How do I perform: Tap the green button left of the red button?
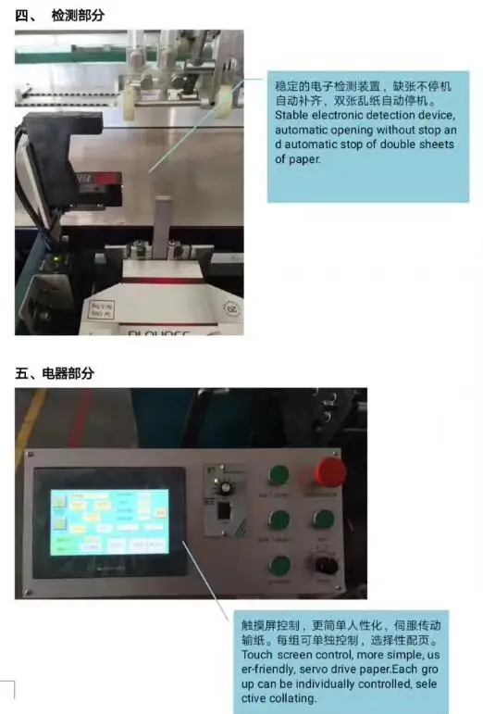(279, 476)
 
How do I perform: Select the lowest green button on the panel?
(279, 566)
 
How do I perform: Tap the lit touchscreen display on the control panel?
(109, 521)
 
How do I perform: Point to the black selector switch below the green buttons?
(325, 565)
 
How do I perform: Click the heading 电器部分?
(68, 373)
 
